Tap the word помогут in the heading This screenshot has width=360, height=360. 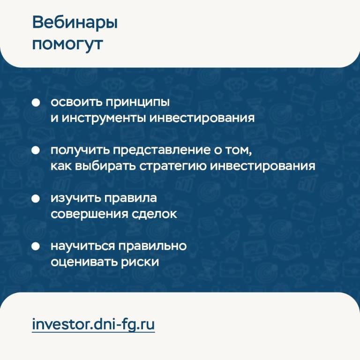(x=67, y=45)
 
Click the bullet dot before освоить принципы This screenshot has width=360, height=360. (x=36, y=103)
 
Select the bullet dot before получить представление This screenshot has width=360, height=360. (x=36, y=150)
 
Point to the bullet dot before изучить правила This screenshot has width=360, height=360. (x=36, y=198)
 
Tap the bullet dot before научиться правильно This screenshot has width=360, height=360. (x=36, y=247)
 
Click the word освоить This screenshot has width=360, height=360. (x=76, y=102)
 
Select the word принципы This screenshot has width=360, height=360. (x=137, y=103)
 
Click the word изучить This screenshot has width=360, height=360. (x=75, y=199)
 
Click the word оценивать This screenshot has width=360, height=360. (x=84, y=262)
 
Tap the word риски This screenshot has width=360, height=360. (x=140, y=262)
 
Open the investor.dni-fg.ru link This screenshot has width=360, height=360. (x=93, y=325)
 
